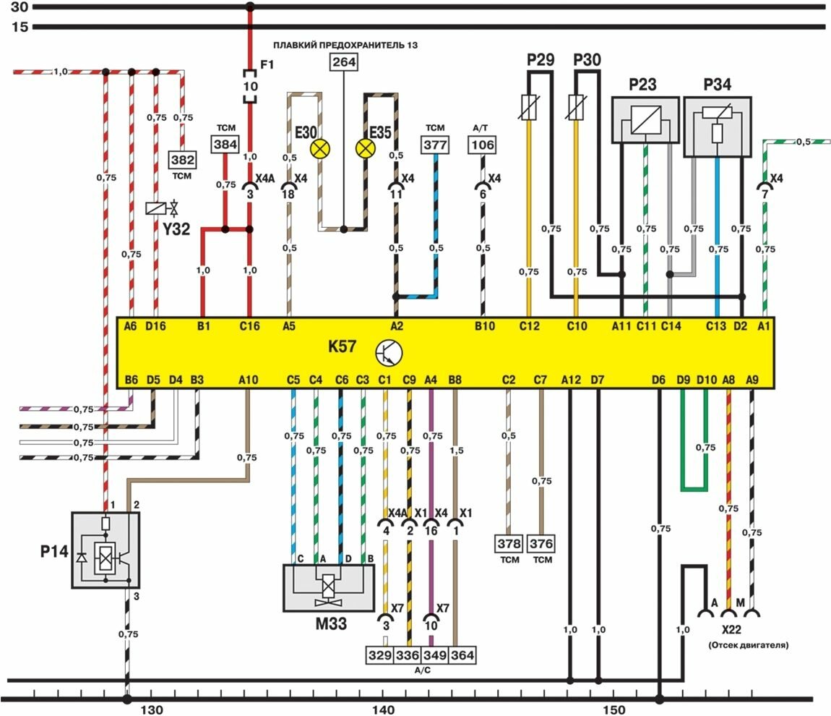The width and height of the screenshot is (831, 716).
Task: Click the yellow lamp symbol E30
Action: click(319, 149)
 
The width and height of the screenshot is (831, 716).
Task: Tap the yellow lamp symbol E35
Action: click(366, 149)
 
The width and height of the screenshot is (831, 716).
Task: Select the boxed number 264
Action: click(344, 62)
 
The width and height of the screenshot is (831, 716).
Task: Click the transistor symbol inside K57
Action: click(389, 352)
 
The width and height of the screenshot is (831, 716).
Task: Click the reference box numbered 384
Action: click(225, 145)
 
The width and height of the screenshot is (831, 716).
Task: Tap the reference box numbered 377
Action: click(435, 145)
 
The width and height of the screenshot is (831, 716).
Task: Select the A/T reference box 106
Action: click(482, 145)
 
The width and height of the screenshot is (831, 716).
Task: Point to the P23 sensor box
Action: click(645, 119)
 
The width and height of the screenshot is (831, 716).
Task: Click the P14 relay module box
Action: click(106, 549)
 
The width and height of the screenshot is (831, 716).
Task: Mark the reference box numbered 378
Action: click(509, 543)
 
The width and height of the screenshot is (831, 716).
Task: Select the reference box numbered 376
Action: click(541, 543)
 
